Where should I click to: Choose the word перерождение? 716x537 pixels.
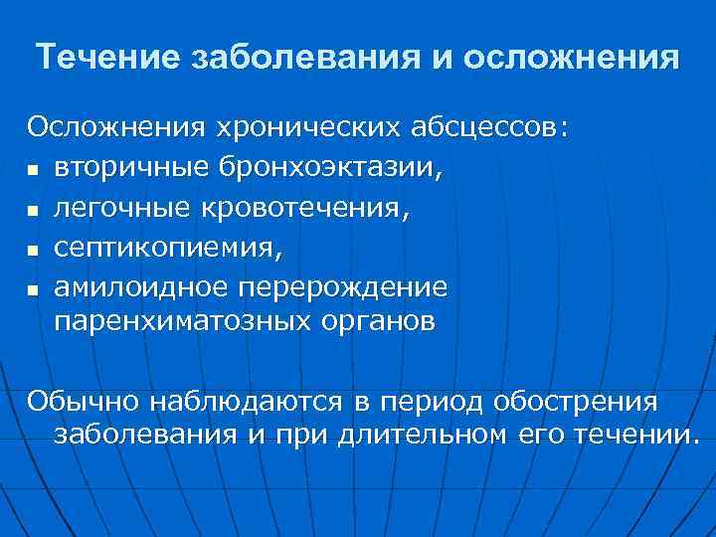(x=341, y=287)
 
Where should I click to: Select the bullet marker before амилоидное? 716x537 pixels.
(x=34, y=290)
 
